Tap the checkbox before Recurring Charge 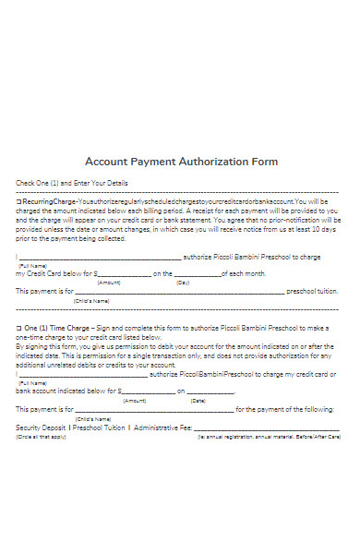pos(18,200)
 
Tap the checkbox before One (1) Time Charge pos(18,328)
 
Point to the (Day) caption pos(183,283)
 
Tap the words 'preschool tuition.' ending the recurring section pos(313,292)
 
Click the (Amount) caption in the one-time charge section pos(135,401)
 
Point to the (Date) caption pos(198,401)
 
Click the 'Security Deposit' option pos(42,428)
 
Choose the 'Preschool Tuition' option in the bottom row pos(99,428)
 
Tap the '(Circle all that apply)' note pos(41,436)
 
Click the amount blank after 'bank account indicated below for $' pos(135,392)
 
